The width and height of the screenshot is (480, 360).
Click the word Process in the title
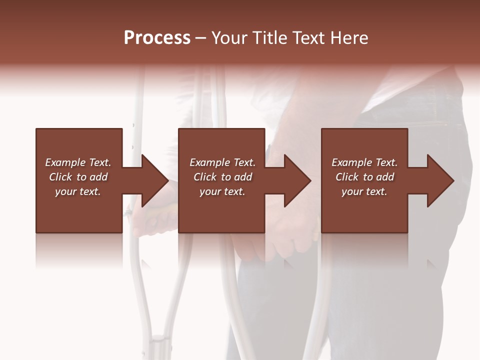point(157,38)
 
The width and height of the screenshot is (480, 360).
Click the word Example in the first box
point(65,162)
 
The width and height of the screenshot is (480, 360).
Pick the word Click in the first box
point(61,177)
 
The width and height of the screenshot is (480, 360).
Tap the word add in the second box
point(243,177)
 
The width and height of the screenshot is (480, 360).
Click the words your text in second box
point(222,191)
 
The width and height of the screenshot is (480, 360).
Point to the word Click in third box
point(347,177)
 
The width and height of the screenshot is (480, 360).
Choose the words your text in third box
point(364,191)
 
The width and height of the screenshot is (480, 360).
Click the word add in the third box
point(385,177)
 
